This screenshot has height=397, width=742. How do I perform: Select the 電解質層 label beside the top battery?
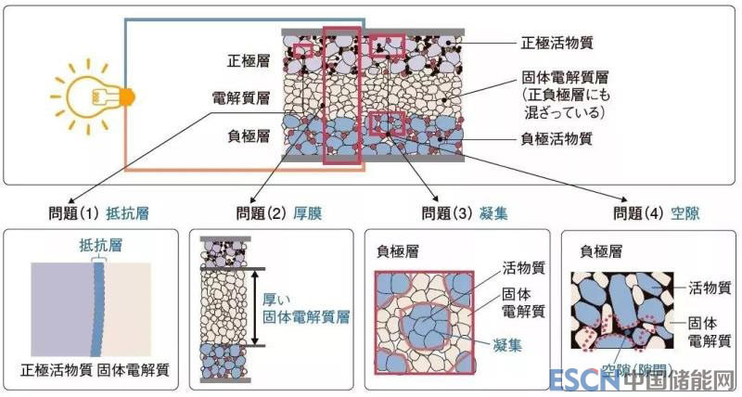tap(242, 97)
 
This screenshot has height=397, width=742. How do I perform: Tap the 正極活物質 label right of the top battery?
tap(556, 42)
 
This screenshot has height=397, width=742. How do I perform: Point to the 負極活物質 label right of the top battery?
tap(556, 139)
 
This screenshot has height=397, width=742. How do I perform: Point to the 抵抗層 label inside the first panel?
tap(100, 246)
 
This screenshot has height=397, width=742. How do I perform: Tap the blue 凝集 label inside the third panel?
tap(505, 343)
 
